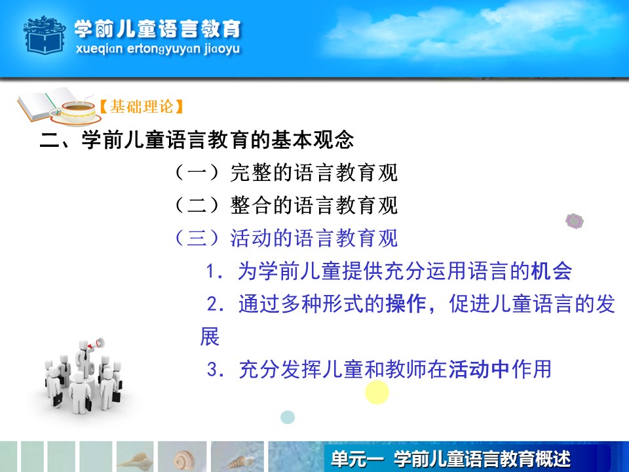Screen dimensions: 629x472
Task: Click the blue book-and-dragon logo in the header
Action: [44, 35]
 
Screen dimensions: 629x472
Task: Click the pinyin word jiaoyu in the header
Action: [222, 49]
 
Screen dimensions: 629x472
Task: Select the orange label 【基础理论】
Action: [141, 106]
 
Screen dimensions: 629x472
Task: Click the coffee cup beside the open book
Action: [77, 111]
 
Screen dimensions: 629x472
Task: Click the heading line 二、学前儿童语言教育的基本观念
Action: [197, 140]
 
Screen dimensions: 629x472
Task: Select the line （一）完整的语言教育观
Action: [286, 172]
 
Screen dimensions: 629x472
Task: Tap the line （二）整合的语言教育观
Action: [286, 205]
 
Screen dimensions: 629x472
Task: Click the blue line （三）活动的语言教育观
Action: [286, 238]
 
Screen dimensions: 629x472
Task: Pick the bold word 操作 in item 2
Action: [406, 304]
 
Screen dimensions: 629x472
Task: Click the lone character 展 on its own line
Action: [210, 336]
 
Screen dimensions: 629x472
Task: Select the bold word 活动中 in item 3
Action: [478, 369]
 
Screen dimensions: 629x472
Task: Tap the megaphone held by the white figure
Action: [97, 344]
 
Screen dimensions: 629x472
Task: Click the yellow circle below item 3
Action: [377, 392]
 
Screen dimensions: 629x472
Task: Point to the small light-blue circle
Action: [288, 418]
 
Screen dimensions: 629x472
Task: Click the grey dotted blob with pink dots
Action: [575, 221]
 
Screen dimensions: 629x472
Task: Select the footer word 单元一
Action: [357, 459]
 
